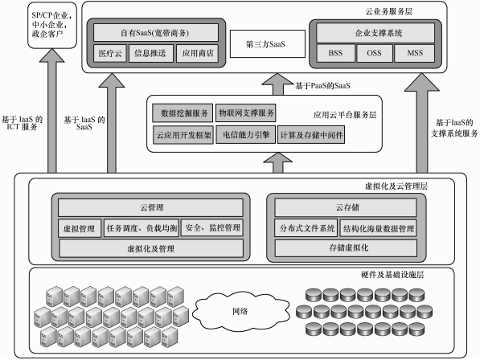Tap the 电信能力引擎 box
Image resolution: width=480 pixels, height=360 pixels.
pos(246,134)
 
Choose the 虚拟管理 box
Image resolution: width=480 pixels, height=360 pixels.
pos(80,227)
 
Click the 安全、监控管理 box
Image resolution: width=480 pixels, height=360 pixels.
pos(211,227)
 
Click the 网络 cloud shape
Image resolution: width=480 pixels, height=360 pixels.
pos(240,309)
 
